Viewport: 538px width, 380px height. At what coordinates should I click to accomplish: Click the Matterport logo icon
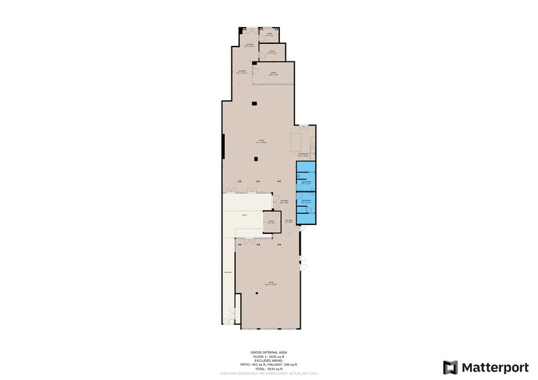coord(451,367)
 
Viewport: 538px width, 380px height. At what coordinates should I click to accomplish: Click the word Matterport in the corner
coord(494,367)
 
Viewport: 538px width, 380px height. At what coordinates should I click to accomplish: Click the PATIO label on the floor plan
coord(244,215)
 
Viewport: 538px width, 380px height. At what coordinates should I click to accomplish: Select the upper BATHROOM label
coord(305,183)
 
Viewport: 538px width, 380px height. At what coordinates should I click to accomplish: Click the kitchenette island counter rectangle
coord(298,141)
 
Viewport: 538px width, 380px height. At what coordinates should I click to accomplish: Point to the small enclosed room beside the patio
coord(272,222)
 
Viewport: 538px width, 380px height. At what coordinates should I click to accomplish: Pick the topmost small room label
coord(269,35)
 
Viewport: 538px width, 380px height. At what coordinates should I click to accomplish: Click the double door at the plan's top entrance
coord(250,28)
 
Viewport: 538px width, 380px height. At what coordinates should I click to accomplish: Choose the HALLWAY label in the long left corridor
coord(228,272)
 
